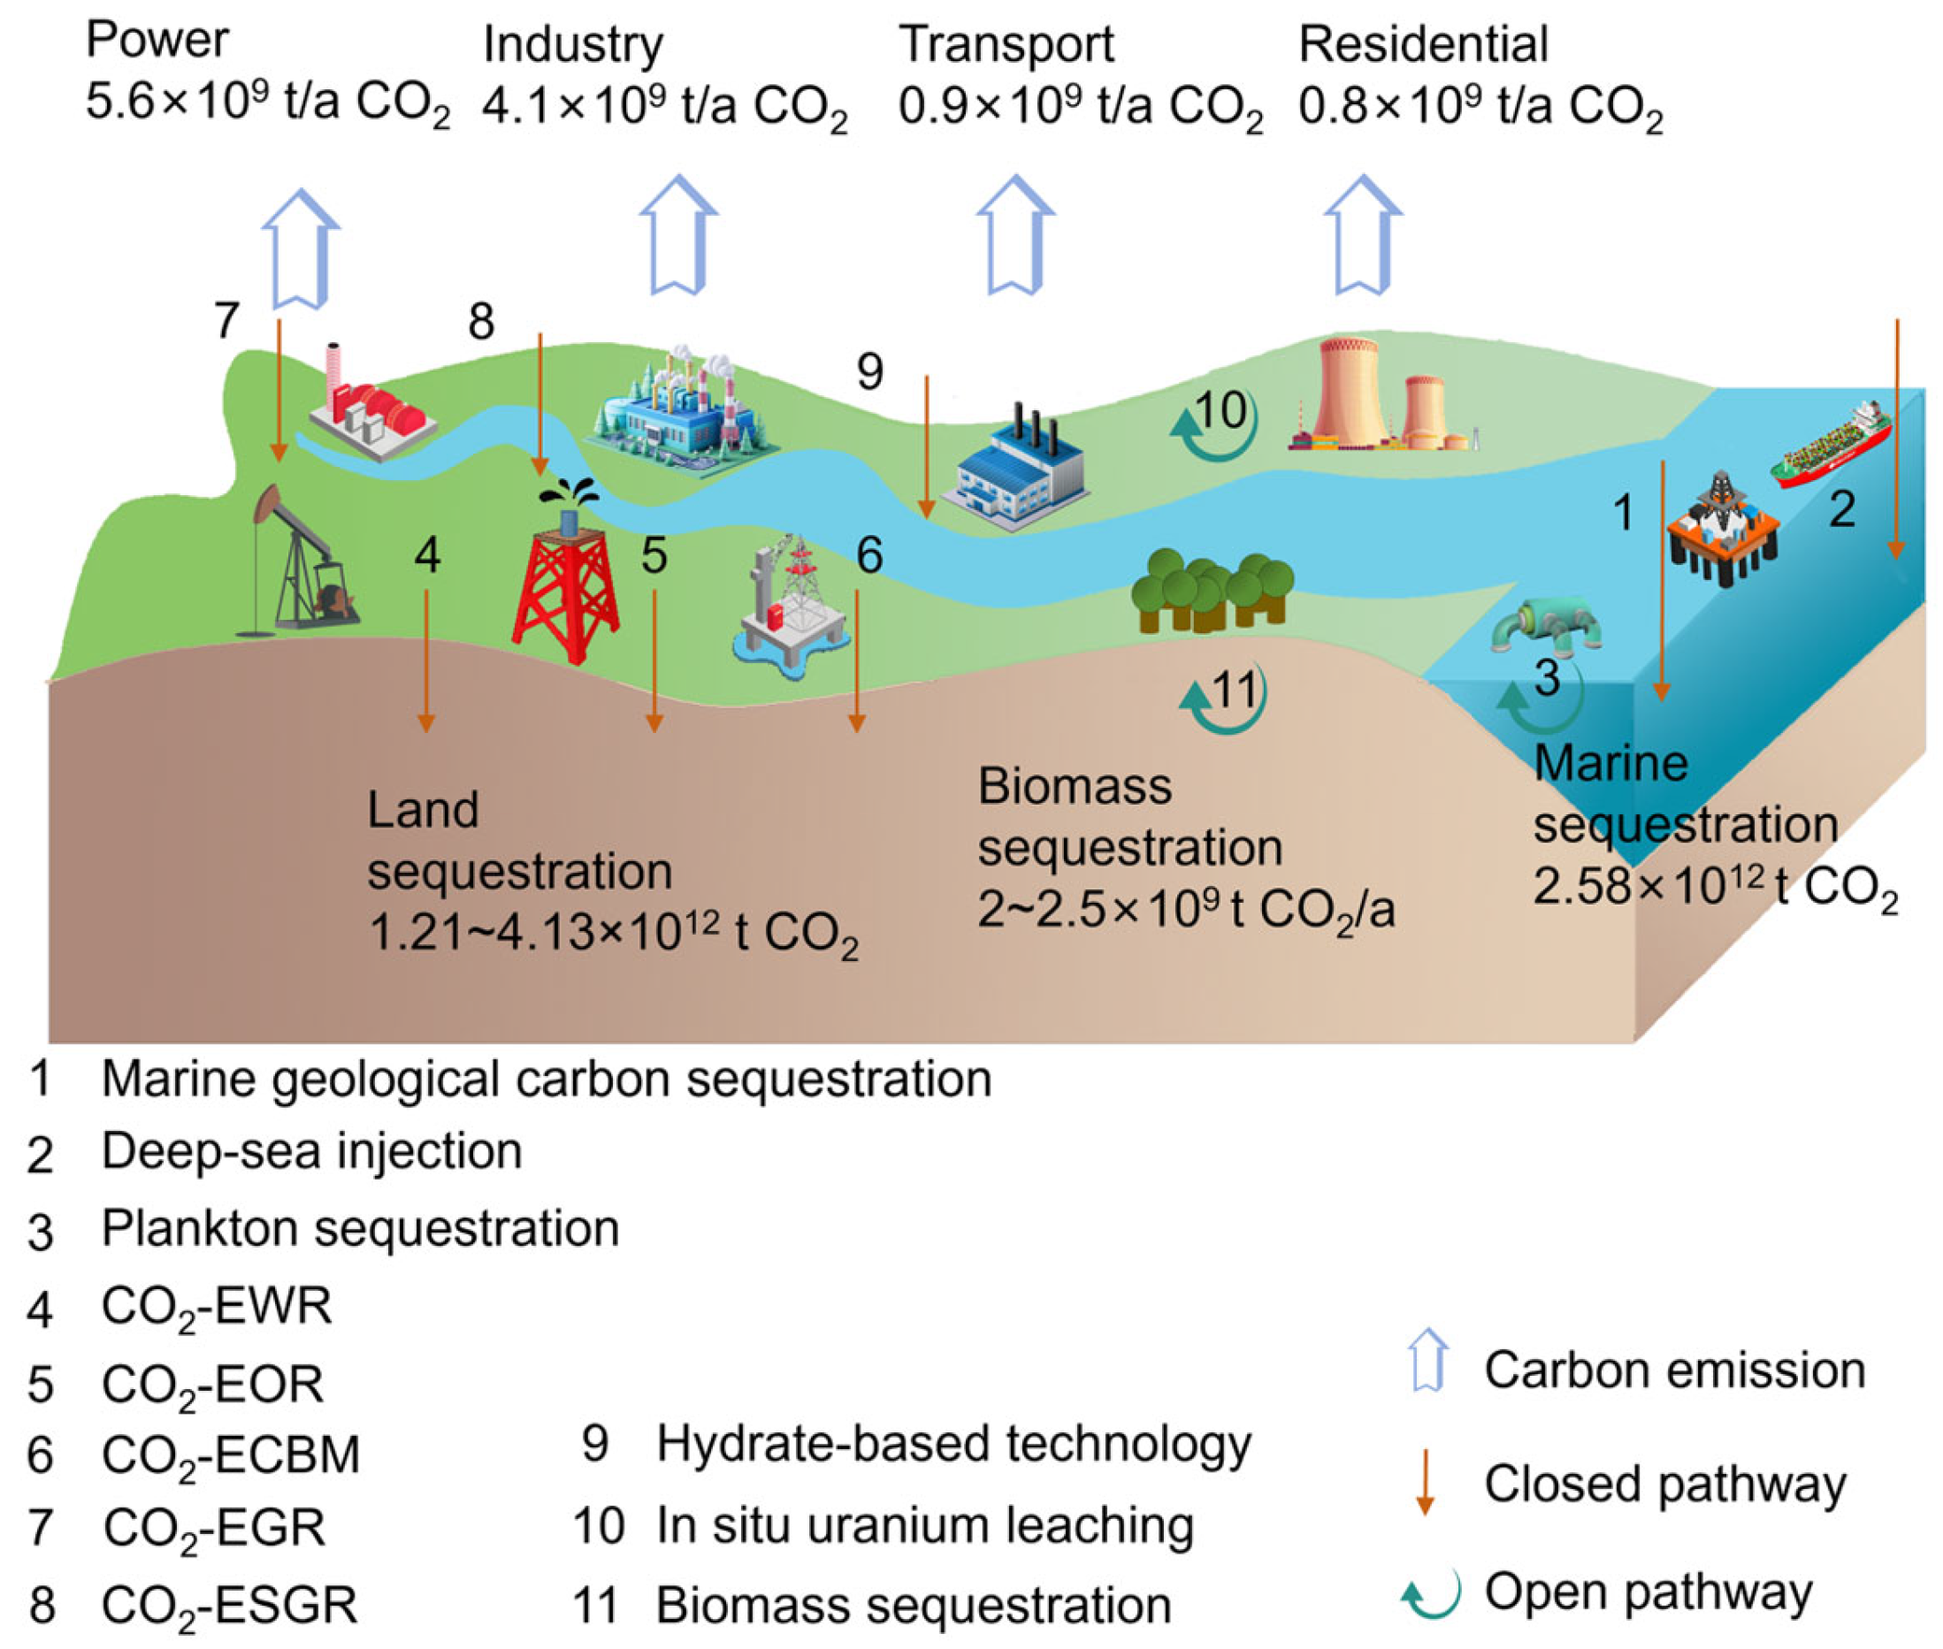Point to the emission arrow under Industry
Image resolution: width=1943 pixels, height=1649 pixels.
[678, 233]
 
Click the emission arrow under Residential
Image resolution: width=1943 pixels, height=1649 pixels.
[1362, 233]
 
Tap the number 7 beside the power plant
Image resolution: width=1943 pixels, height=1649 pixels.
[226, 321]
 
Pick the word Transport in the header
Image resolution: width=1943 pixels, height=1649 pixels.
[1006, 44]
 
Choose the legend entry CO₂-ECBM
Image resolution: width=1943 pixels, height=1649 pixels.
[230, 1454]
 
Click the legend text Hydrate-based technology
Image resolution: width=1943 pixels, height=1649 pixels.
[952, 1443]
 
